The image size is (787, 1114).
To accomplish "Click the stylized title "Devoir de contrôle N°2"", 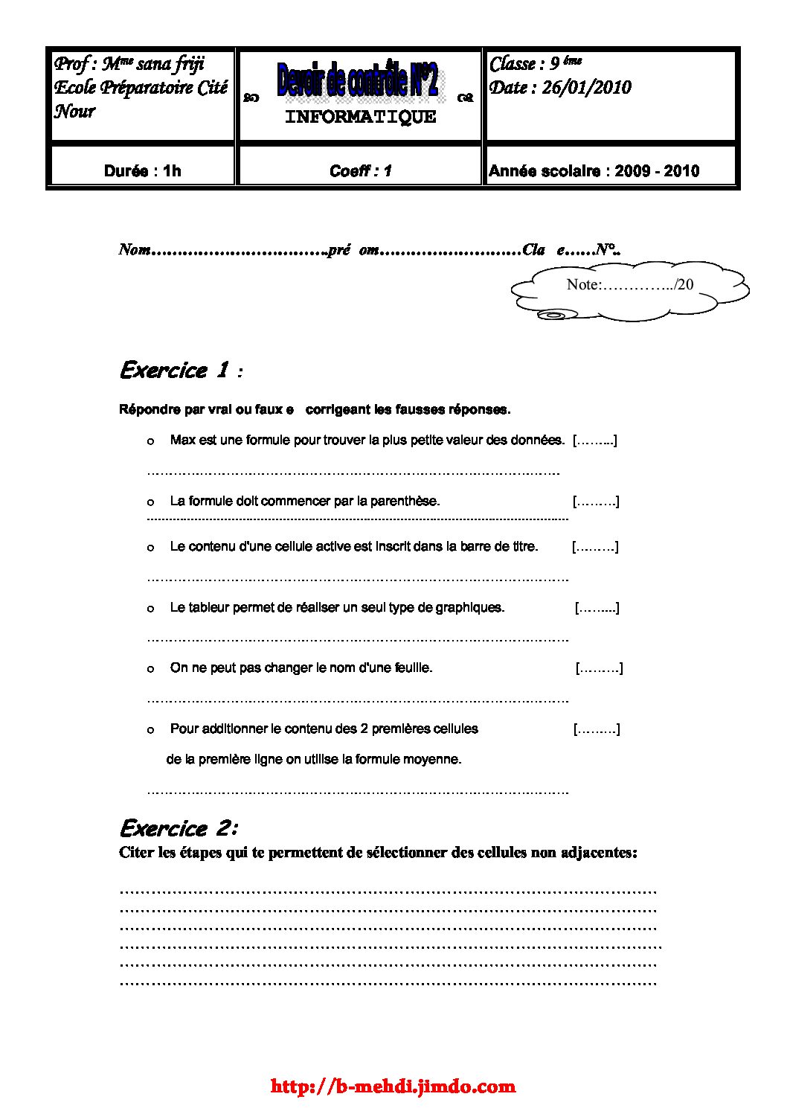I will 358,80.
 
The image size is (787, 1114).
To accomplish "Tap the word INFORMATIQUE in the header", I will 361,117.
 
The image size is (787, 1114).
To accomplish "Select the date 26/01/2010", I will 586,88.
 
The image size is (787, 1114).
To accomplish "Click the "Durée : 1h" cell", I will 142,171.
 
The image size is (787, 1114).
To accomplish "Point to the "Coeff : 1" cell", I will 360,171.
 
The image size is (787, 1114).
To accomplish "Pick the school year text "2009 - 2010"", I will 657,171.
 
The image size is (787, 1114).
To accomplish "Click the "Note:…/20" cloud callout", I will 629,285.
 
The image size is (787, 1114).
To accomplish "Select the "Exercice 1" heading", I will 174,370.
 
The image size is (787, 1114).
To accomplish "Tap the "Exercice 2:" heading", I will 179,828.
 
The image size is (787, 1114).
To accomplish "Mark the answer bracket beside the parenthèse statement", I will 596,502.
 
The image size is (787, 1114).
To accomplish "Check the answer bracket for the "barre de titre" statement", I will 595,547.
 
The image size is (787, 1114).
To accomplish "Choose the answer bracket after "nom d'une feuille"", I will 599,668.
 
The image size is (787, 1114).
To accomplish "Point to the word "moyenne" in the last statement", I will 437,760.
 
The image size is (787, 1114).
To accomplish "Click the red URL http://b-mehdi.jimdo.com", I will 393,1086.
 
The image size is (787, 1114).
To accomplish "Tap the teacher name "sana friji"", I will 170,64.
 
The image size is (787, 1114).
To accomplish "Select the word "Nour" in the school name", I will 75,112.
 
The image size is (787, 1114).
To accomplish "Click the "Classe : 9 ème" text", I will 535,64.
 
